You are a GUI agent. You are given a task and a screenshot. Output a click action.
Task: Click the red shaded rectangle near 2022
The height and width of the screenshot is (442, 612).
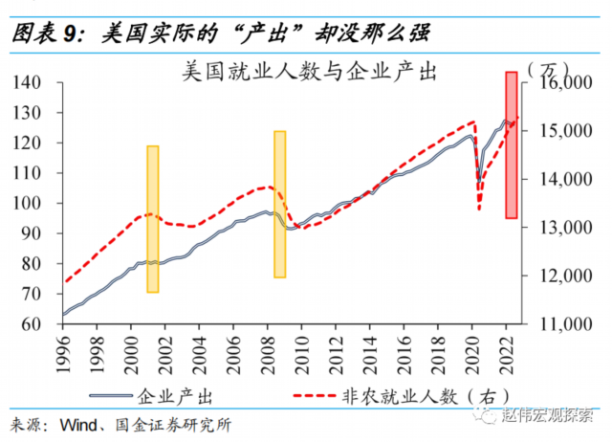[x=512, y=144]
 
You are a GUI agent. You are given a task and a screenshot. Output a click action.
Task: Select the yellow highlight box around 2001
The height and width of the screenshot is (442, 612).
[x=153, y=218]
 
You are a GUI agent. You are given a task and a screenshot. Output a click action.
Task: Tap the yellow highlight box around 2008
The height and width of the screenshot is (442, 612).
[x=280, y=204]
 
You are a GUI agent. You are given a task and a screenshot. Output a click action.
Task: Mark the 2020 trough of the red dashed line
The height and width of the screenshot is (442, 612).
[x=479, y=209]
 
